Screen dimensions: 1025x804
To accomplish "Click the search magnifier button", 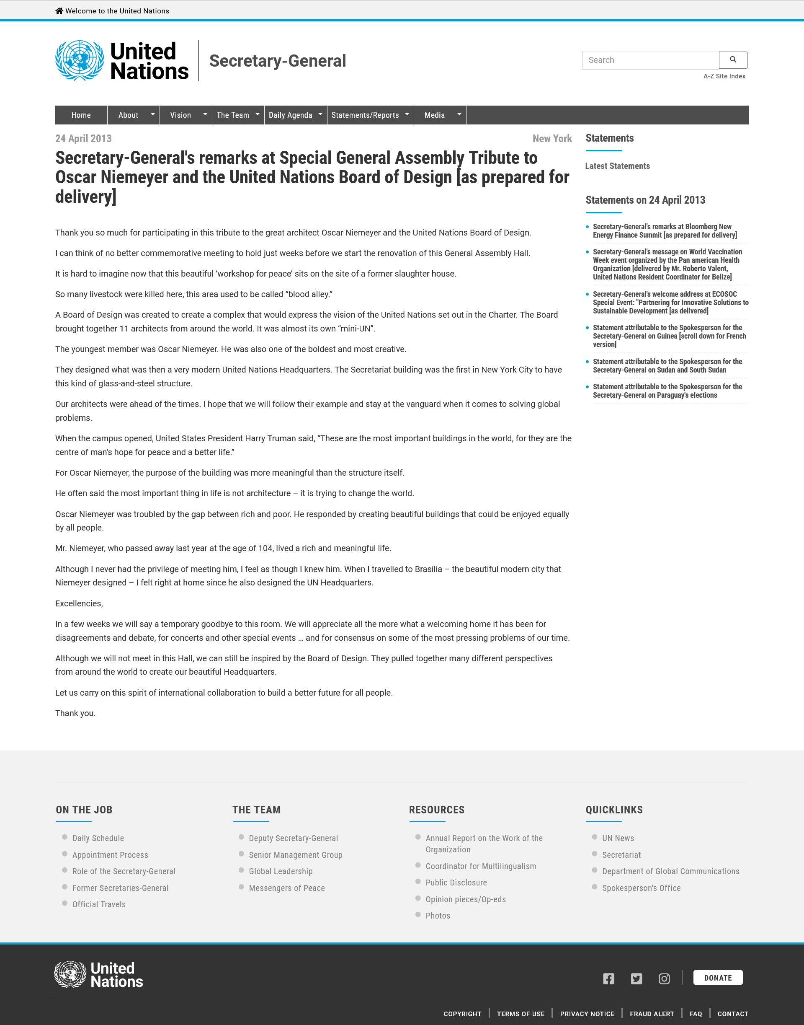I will click(733, 60).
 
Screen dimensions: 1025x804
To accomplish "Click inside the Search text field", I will click(650, 60).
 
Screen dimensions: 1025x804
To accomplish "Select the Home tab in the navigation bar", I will click(81, 115).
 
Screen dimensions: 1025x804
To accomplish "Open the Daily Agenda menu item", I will click(291, 115).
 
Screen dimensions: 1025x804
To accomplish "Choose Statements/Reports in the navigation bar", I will click(365, 115).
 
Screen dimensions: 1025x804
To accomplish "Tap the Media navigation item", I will click(435, 115).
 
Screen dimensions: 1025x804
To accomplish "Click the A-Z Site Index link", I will click(724, 76).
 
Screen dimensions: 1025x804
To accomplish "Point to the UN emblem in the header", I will click(80, 61).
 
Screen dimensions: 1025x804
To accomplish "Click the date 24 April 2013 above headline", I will click(83, 138).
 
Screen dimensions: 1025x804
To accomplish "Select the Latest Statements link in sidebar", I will click(617, 166).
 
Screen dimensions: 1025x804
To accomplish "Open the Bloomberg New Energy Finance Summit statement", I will click(664, 231).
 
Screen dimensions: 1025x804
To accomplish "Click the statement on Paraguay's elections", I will click(667, 391).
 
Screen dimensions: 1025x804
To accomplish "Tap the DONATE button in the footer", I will click(717, 978).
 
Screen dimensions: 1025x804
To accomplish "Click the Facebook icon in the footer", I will click(608, 979).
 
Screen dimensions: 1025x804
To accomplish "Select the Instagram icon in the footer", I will click(664, 979).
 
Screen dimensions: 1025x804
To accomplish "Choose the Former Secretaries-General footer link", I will click(120, 888).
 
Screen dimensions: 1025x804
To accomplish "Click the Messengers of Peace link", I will click(287, 888).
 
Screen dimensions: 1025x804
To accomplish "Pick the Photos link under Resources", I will click(438, 916).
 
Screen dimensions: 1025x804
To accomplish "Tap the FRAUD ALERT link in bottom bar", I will click(652, 1014).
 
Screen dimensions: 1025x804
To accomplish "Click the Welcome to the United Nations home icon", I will click(59, 11).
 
